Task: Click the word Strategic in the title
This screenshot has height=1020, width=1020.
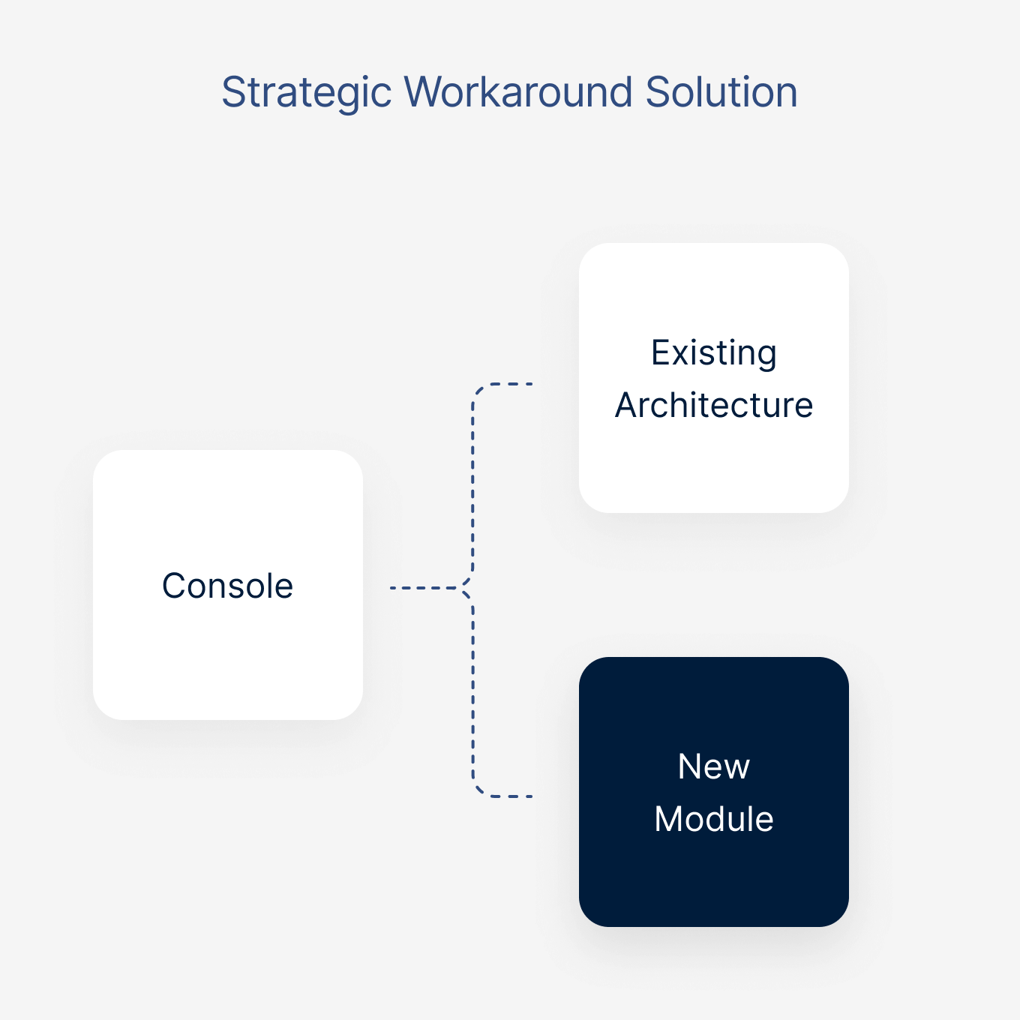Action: pos(306,93)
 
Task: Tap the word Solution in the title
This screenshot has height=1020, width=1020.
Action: pos(721,92)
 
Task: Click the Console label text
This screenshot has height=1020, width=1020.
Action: pos(227,586)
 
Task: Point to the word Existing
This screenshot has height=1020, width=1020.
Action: pos(713,353)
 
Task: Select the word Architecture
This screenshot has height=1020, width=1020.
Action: pos(713,406)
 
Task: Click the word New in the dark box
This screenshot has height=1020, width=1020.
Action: pos(713,766)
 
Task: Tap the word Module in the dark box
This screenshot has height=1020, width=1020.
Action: pos(713,819)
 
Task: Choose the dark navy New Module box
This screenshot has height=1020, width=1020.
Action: pos(713,877)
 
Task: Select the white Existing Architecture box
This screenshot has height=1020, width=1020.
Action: pos(713,465)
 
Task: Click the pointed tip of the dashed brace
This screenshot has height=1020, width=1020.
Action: pos(464,587)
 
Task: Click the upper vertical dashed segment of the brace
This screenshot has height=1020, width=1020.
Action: pos(472,487)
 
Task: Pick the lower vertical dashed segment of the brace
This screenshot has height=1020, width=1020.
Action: pos(472,690)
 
